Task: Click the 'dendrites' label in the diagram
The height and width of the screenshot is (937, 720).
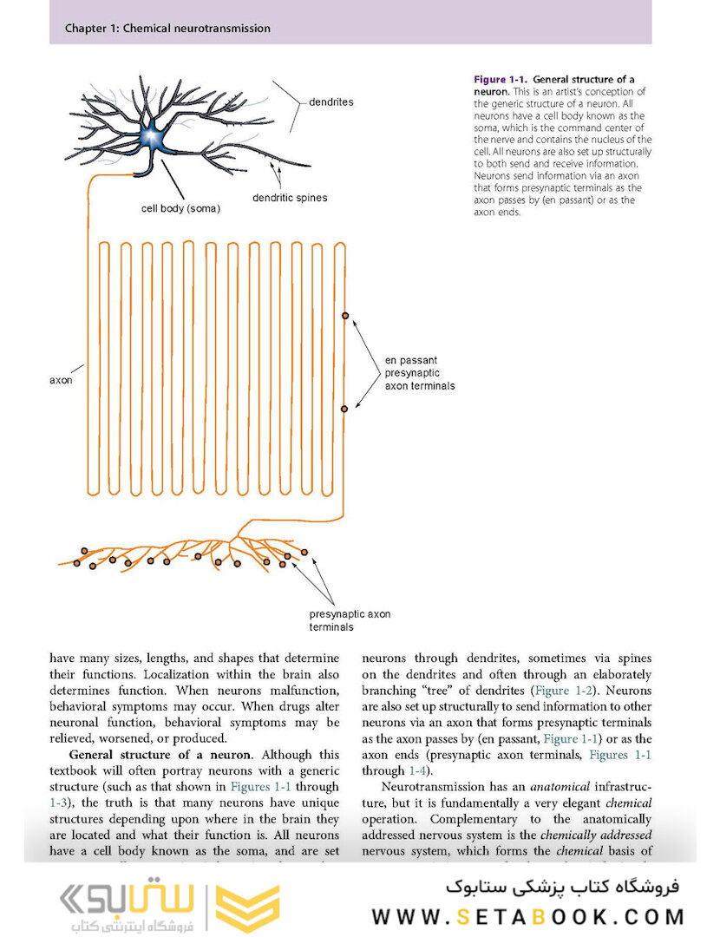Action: tap(331, 102)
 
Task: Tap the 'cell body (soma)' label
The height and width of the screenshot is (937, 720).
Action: tap(181, 209)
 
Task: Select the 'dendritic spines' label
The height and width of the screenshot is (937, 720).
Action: tap(290, 198)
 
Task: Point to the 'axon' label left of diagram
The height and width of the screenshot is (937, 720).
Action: tap(62, 380)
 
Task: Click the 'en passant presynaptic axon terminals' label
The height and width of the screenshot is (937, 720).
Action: tap(419, 373)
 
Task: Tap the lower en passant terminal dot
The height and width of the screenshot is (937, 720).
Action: tap(345, 407)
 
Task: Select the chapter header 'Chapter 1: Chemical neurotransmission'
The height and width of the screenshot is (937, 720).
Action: tap(167, 29)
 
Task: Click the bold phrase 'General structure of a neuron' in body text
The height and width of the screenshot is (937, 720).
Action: tap(160, 755)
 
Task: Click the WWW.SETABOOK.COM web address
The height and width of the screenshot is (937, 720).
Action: tap(528, 916)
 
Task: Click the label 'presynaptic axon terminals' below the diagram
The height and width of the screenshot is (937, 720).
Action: tap(350, 620)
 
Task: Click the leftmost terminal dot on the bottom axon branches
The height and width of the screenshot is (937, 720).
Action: tap(76, 563)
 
